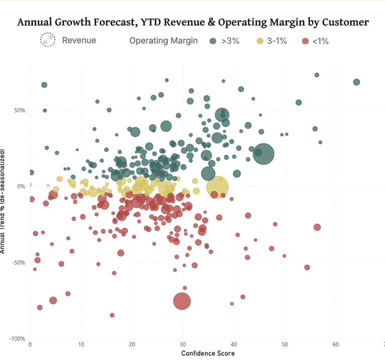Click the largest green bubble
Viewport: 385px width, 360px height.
[263, 153]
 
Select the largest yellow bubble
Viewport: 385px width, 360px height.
[217, 187]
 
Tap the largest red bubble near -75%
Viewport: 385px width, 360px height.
[182, 301]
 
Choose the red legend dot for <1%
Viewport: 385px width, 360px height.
[305, 41]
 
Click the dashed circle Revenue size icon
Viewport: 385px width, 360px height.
[49, 41]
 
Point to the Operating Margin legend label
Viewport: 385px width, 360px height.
[163, 41]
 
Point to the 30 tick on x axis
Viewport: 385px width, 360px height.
[183, 345]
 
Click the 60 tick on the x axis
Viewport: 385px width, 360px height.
[335, 345]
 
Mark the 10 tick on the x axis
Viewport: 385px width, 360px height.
[81, 345]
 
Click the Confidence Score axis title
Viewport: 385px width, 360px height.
[208, 353]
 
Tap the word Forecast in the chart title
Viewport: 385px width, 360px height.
[124, 22]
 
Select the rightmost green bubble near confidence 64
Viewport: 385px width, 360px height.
[356, 82]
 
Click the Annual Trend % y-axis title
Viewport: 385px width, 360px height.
[4, 200]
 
